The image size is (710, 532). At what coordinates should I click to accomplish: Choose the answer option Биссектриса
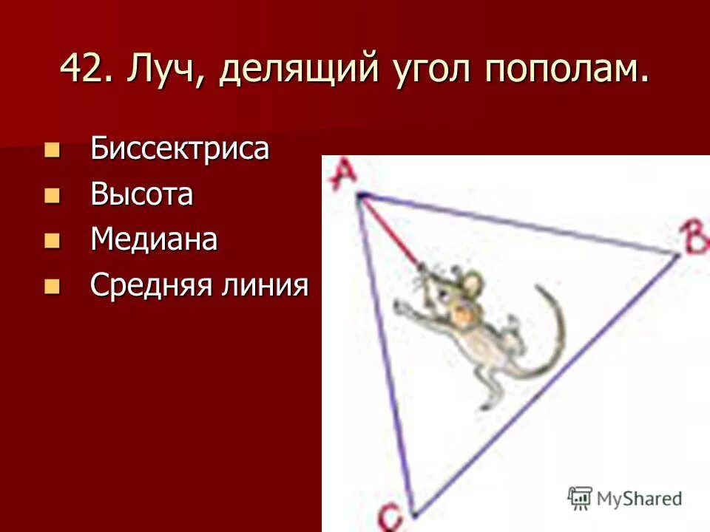pyautogui.click(x=180, y=149)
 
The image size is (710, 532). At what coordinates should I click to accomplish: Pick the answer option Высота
pyautogui.click(x=142, y=195)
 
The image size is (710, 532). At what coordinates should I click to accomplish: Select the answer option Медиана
pyautogui.click(x=154, y=240)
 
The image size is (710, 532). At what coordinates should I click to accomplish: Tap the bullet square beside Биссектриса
pyautogui.click(x=51, y=150)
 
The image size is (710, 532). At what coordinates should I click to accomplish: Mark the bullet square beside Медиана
pyautogui.click(x=51, y=241)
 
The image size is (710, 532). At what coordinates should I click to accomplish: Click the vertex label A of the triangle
pyautogui.click(x=342, y=175)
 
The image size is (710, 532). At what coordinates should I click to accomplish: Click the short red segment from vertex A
pyautogui.click(x=389, y=229)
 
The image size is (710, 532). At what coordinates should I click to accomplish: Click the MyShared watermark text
pyautogui.click(x=639, y=498)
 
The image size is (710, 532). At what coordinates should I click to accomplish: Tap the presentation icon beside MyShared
pyautogui.click(x=580, y=497)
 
